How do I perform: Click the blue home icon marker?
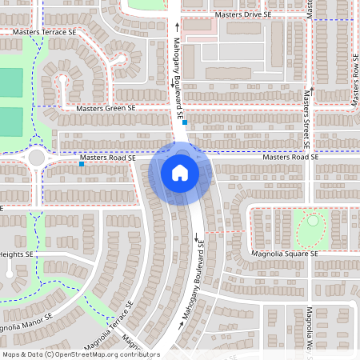tap(180, 173)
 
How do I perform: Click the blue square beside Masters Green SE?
tap(184, 122)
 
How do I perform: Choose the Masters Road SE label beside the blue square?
tap(111, 158)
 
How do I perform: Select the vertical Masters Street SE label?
tap(306, 120)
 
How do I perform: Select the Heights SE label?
tap(17, 254)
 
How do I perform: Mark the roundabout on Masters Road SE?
tap(36, 158)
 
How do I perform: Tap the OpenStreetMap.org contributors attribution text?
tap(104, 354)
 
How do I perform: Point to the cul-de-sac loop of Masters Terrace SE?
tap(120, 59)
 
